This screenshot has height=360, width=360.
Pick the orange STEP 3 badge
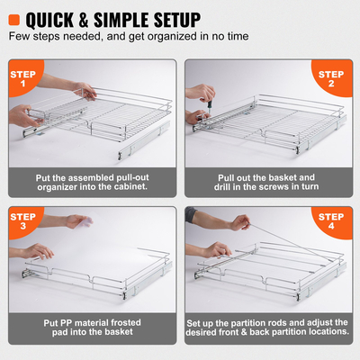tap(22, 221)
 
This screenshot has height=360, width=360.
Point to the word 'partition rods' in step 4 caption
tap(287, 320)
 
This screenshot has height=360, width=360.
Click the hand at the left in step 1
tap(22, 114)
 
